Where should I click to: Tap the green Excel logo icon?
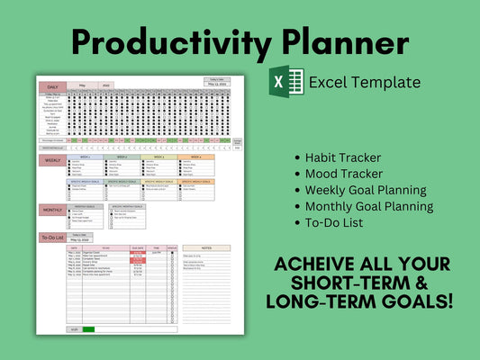pos(286,82)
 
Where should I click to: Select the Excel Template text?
pos(364,82)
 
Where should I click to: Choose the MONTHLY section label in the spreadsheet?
pos(52,210)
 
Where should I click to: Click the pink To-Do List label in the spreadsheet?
pos(51,238)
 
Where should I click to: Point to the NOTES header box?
pos(207,247)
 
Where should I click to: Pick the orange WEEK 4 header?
pos(196,157)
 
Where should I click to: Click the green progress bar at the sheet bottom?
pos(88,329)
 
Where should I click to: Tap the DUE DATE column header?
pos(138,247)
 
